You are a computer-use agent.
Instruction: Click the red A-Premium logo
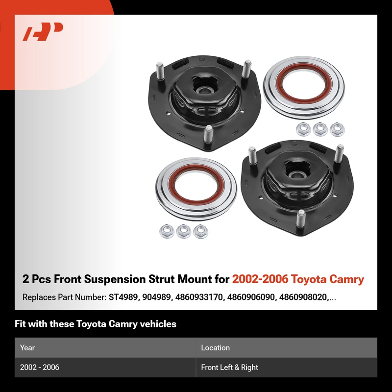(43, 31)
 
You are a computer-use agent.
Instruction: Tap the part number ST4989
(123, 297)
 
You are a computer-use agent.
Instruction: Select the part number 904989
(156, 297)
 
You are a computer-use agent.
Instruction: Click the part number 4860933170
(199, 297)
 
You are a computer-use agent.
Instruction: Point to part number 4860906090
(251, 297)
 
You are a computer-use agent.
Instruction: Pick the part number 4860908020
(303, 297)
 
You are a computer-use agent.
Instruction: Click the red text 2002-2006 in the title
(260, 279)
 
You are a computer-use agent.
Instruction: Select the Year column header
(27, 347)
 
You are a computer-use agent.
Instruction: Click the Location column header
(215, 347)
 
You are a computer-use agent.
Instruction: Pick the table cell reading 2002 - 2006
(40, 367)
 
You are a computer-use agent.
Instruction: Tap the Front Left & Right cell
(229, 367)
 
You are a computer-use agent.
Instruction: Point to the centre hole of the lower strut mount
(296, 174)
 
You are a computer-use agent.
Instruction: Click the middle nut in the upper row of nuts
(320, 129)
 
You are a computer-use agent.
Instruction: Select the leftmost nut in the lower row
(167, 231)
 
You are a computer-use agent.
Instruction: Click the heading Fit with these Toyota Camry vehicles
(96, 324)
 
